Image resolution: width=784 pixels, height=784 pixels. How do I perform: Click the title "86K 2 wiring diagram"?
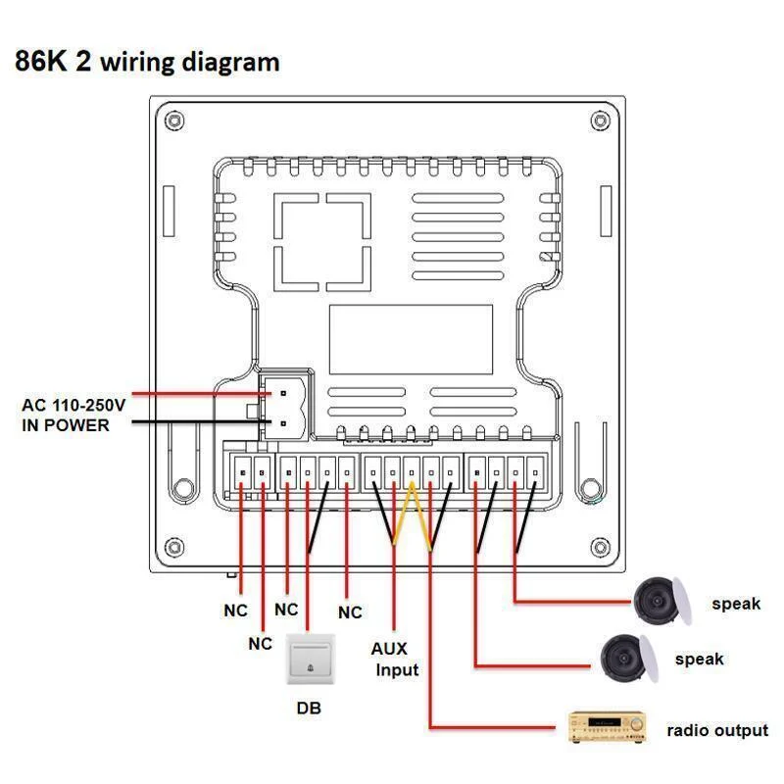147,62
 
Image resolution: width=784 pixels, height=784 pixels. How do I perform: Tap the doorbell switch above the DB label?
309,660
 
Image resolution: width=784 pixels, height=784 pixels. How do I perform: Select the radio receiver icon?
609,726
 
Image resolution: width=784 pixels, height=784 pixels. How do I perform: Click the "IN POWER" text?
66,425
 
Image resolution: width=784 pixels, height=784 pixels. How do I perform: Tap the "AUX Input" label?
395,660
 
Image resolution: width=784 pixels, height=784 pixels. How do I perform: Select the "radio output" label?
717,730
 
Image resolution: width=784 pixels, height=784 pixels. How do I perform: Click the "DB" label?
309,708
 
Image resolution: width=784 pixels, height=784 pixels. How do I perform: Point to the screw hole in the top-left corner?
174,121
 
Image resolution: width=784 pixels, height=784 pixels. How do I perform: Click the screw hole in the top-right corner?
599,121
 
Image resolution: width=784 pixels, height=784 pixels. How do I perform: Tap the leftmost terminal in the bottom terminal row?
242,472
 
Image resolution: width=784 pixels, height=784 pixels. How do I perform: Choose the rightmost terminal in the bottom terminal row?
535,472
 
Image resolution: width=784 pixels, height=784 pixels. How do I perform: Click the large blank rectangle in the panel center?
411,338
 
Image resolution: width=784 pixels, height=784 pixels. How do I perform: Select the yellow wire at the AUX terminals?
412,514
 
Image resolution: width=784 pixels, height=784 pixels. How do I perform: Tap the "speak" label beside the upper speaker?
736,604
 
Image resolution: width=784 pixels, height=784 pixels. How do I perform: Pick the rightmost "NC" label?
350,612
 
